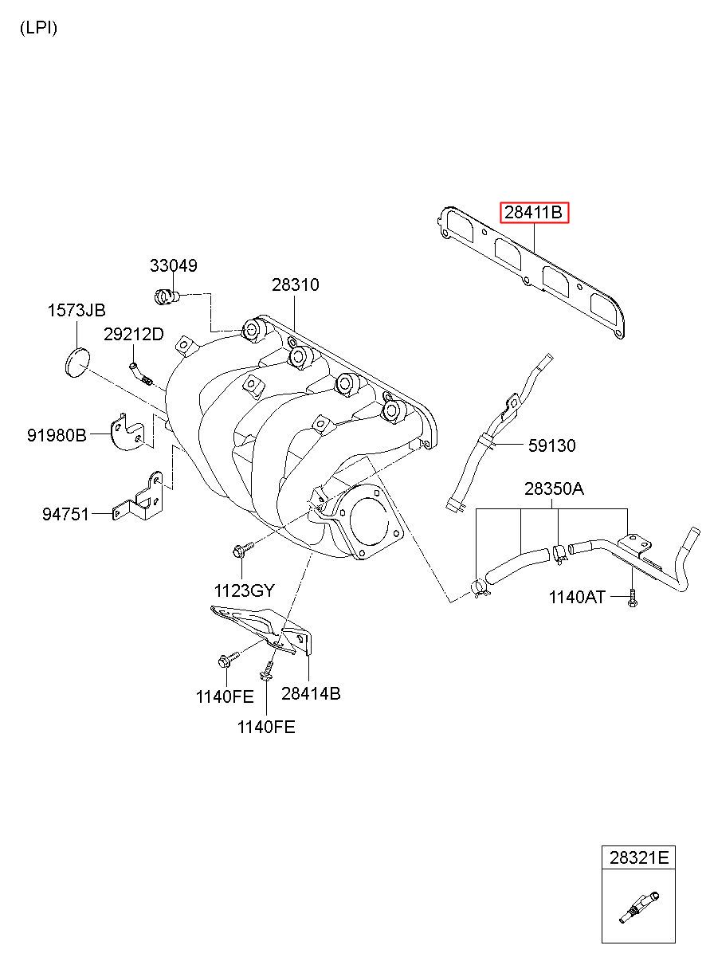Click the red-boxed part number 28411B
tap(534, 214)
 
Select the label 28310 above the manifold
tap(295, 284)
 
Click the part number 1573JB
tap(76, 311)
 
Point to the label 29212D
tap(133, 335)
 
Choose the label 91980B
tap(57, 435)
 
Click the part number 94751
tap(66, 515)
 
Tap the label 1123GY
tap(244, 590)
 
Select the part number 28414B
tap(311, 693)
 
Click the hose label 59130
tap(551, 445)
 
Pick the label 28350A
tap(554, 488)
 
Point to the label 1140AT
tap(577, 597)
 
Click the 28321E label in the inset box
tap(639, 858)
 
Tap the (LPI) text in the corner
tap(38, 28)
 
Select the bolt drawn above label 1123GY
tap(241, 549)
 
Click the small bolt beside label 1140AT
tap(631, 598)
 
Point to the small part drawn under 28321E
tap(639, 906)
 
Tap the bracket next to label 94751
tap(139, 500)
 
